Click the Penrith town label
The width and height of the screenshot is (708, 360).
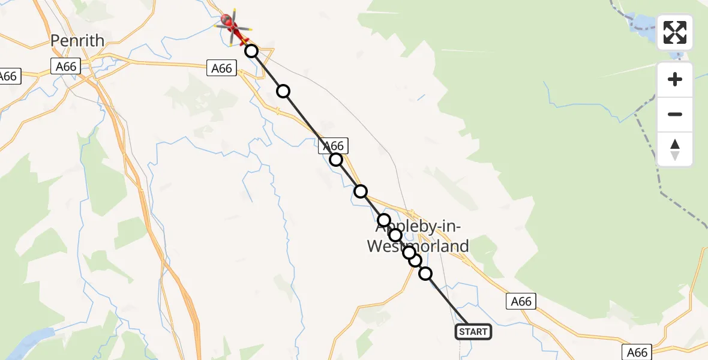tap(77, 41)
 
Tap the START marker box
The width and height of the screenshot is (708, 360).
tap(473, 332)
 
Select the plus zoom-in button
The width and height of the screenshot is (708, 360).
tap(675, 79)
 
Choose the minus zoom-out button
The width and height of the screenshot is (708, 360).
tap(675, 114)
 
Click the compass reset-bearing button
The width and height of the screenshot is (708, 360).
tap(675, 149)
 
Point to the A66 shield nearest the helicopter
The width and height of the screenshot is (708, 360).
tap(221, 68)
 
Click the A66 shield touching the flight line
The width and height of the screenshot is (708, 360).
tap(333, 146)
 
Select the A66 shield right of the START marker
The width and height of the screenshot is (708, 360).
tap(521, 301)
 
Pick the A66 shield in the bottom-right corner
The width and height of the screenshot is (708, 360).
tap(637, 352)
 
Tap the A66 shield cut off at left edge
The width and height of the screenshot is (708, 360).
tap(9, 76)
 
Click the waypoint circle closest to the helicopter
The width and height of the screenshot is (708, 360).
tap(251, 51)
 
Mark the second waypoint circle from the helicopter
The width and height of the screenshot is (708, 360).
tap(283, 91)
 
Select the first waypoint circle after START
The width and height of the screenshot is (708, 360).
tap(425, 274)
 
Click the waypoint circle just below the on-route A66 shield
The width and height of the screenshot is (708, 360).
tap(336, 160)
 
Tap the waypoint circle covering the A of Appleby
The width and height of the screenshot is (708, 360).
tap(384, 220)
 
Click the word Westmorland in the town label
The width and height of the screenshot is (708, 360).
tap(418, 246)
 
